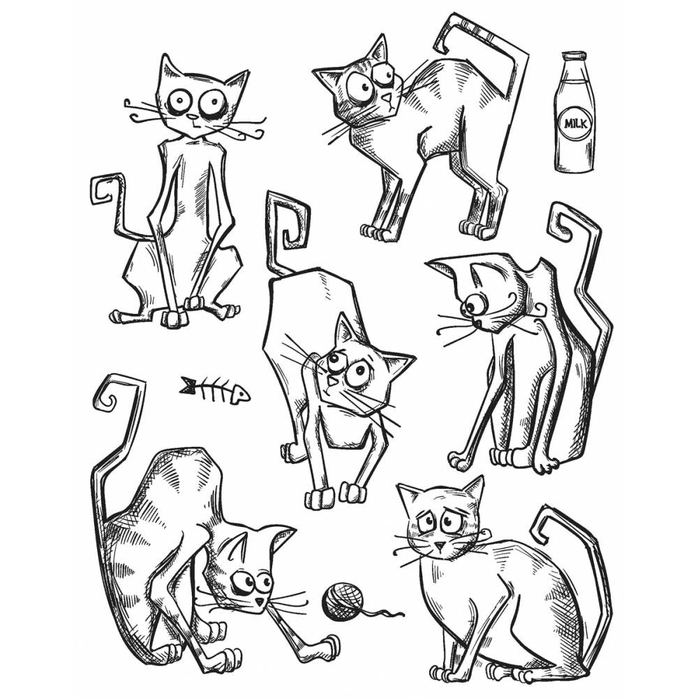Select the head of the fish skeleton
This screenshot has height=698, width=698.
tap(239, 395)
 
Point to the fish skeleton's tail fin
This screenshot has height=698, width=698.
tap(188, 384)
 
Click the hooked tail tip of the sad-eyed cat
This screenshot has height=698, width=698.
tap(542, 526)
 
